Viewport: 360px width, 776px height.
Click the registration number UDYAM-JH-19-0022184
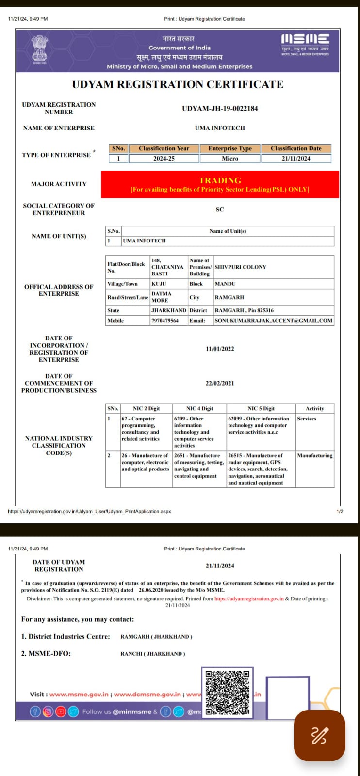[x=220, y=108]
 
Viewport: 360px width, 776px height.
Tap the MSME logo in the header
[x=305, y=44]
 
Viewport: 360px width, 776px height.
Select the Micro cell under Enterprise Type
[x=230, y=159]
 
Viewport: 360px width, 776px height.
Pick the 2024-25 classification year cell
[x=164, y=159]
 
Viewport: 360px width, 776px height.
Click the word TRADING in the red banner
[x=220, y=180]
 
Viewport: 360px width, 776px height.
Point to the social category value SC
[x=220, y=210]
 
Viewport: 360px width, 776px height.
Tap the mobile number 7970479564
[x=165, y=321]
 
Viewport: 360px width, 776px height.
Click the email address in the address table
[x=273, y=321]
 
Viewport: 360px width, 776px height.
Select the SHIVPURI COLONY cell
[x=241, y=267]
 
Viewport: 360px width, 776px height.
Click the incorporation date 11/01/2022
[x=220, y=349]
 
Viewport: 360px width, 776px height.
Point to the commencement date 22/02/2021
[x=220, y=383]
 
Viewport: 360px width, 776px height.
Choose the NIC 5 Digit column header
[x=261, y=409]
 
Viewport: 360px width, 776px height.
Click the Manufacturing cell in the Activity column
[x=314, y=456]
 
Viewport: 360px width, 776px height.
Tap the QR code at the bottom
[x=227, y=693]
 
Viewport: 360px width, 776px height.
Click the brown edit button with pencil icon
[x=319, y=736]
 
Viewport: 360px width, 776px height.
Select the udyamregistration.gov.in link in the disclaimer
[x=249, y=599]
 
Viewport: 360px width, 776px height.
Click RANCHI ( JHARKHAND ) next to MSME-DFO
[x=153, y=654]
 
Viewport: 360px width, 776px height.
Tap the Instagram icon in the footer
[x=48, y=711]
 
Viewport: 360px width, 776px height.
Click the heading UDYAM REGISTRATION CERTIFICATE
[x=178, y=84]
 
